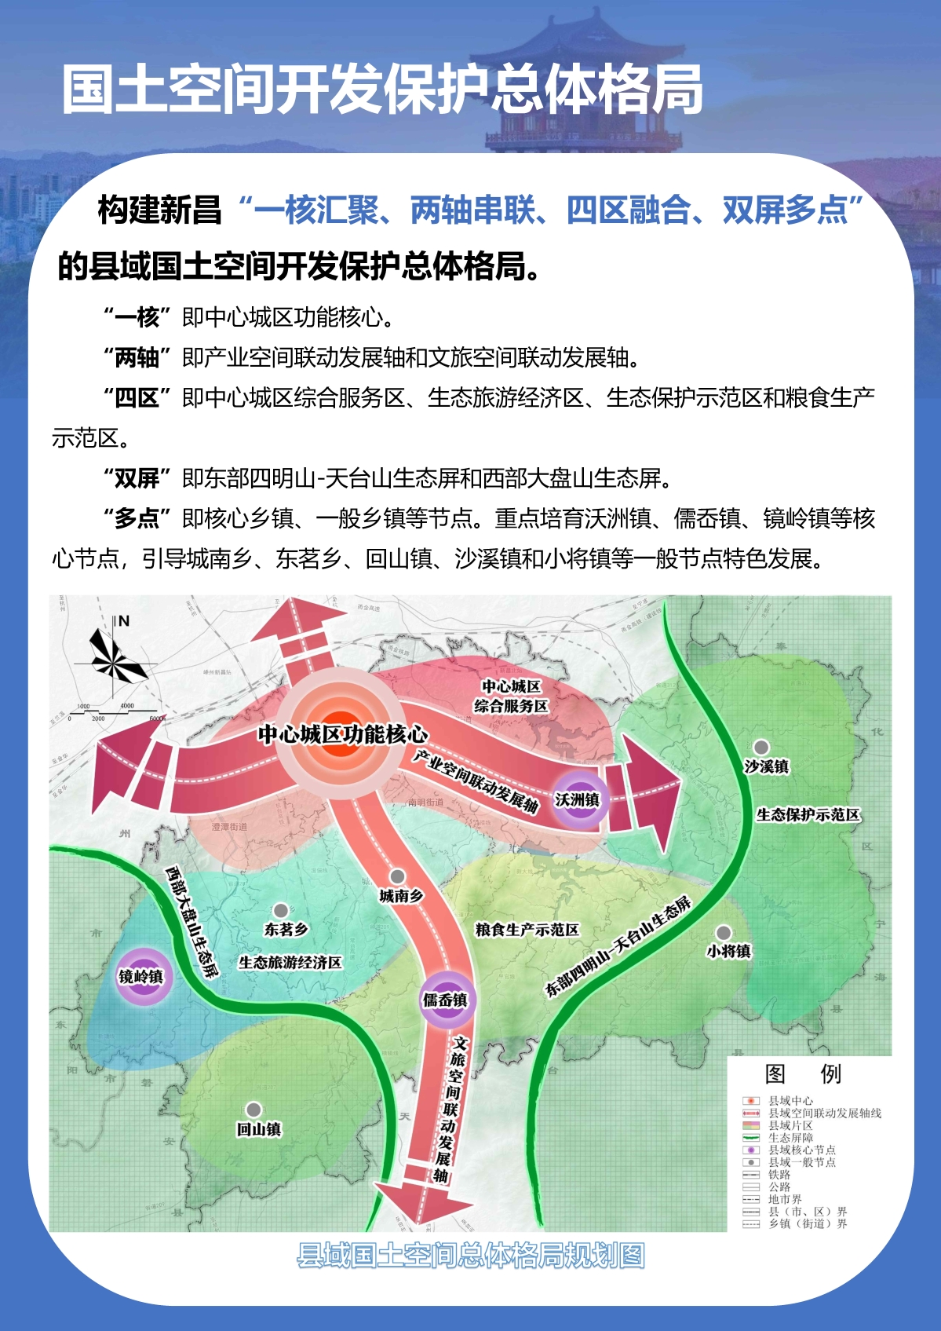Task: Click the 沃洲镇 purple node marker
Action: coord(578,799)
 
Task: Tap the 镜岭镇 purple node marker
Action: coord(141,976)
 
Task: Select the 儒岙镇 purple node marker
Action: coord(445,999)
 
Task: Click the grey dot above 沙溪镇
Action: coord(760,747)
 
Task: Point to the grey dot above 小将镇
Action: coord(723,932)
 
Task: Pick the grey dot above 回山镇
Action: coord(253,1110)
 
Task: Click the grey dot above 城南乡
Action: coord(398,876)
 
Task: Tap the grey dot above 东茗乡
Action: coord(280,911)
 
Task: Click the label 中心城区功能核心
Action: coord(343,734)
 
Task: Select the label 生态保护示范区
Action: coord(808,815)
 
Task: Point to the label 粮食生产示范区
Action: coord(527,930)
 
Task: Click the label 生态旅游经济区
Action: coord(290,963)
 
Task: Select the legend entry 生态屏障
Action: coord(790,1137)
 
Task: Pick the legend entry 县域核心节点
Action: coord(801,1150)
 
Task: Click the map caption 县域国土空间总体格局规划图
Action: coord(471,1256)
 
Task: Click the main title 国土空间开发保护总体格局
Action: coord(382,90)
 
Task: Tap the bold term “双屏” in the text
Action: coord(137,477)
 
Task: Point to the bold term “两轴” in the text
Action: coord(137,357)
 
